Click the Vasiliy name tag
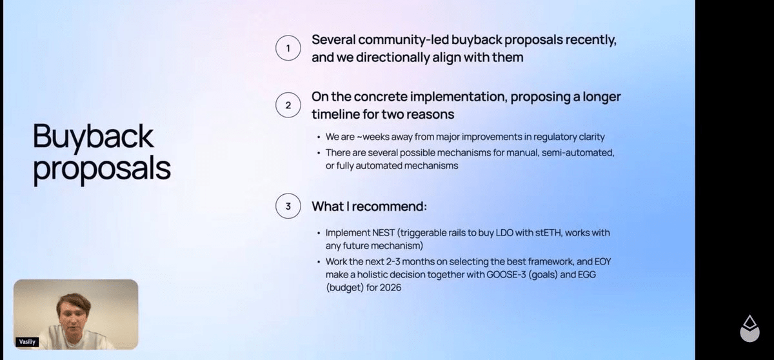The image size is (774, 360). pyautogui.click(x=27, y=342)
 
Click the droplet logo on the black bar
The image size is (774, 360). pyautogui.click(x=749, y=328)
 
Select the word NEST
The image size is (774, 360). pyautogui.click(x=383, y=232)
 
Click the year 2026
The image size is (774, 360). pyautogui.click(x=390, y=288)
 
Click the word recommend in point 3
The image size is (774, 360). pyautogui.click(x=390, y=206)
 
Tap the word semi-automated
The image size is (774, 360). pyautogui.click(x=578, y=153)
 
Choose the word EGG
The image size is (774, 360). pyautogui.click(x=587, y=275)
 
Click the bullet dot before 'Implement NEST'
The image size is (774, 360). pyautogui.click(x=319, y=233)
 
